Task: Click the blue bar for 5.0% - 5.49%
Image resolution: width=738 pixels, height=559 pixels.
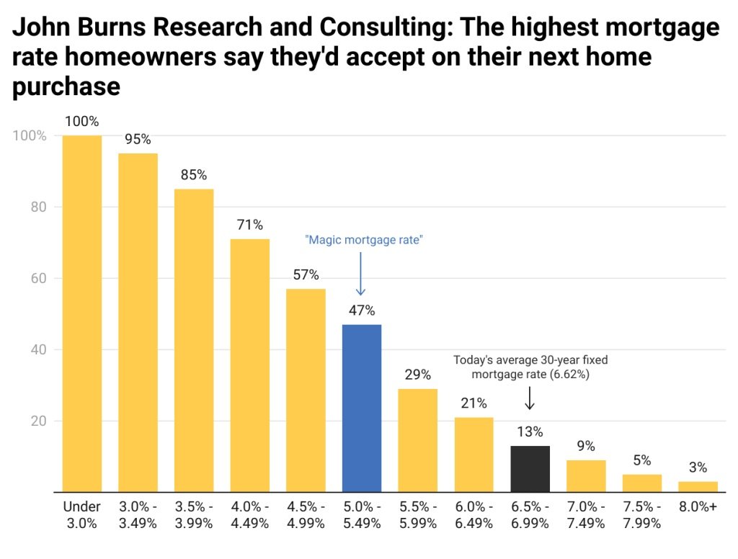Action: (361, 408)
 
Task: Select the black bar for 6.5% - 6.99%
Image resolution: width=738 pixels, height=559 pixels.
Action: (530, 469)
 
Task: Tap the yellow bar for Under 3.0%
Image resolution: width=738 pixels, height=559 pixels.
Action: (81, 313)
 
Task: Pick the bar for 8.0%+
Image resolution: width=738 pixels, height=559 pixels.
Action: (698, 486)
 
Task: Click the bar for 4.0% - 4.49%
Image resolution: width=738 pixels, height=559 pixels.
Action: (249, 365)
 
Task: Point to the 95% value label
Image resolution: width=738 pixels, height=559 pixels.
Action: (138, 139)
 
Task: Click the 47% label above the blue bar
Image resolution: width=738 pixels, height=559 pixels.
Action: (361, 310)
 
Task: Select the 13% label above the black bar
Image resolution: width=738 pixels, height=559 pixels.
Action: (530, 432)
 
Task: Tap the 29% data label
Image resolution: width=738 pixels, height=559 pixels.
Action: (417, 375)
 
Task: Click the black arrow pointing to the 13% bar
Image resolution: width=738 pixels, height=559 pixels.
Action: (530, 398)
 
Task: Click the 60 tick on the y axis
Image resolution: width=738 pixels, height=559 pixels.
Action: (37, 278)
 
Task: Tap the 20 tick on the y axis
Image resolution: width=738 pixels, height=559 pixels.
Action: (37, 421)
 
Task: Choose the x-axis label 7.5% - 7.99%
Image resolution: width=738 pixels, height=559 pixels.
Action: (641, 515)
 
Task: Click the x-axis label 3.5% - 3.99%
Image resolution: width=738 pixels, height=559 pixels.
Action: (194, 515)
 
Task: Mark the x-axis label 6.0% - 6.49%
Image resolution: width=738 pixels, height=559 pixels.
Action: (474, 515)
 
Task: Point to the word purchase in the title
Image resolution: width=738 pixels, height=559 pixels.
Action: (66, 86)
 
